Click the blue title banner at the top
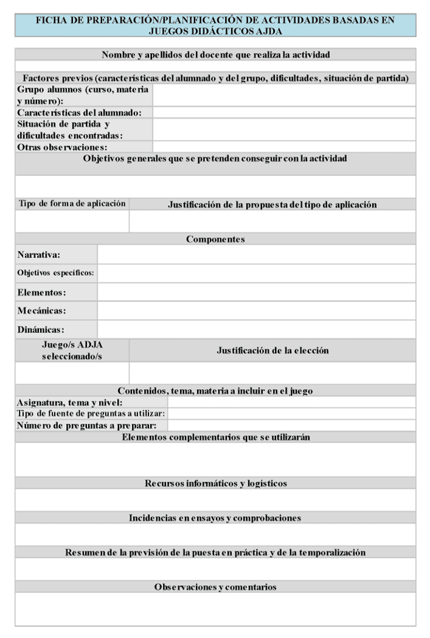pyautogui.click(x=215, y=25)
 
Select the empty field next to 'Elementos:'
pyautogui.click(x=256, y=292)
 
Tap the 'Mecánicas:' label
pyautogui.click(x=41, y=311)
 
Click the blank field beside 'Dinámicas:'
pyautogui.click(x=256, y=329)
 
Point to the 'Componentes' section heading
pyautogui.click(x=215, y=239)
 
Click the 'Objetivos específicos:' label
pyautogui.click(x=55, y=273)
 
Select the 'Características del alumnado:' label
pyautogui.click(x=79, y=113)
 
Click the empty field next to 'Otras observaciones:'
pyautogui.click(x=283, y=147)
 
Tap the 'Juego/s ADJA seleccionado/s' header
pyautogui.click(x=72, y=350)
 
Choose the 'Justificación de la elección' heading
pyautogui.click(x=272, y=351)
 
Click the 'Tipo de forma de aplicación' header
pyautogui.click(x=72, y=204)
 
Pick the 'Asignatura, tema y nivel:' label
pyautogui.click(x=70, y=402)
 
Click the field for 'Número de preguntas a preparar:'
pyautogui.click(x=291, y=426)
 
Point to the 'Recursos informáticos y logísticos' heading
pyautogui.click(x=215, y=483)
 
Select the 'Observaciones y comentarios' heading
pyautogui.click(x=215, y=587)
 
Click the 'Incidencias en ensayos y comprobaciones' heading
pyautogui.click(x=215, y=518)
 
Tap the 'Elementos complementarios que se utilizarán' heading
pyautogui.click(x=215, y=437)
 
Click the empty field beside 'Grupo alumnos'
pyautogui.click(x=283, y=96)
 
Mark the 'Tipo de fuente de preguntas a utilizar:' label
pyautogui.click(x=91, y=414)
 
